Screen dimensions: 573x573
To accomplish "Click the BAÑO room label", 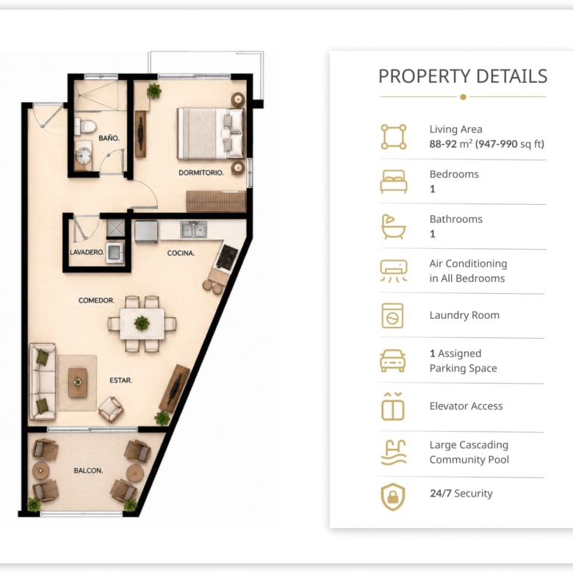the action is pyautogui.click(x=109, y=138).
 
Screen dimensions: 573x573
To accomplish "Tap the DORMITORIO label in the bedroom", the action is pyautogui.click(x=201, y=173).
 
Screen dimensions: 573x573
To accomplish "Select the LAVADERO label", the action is pyautogui.click(x=87, y=252).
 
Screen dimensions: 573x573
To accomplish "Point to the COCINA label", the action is pyautogui.click(x=181, y=253).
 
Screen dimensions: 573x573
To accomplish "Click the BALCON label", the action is pyautogui.click(x=88, y=471).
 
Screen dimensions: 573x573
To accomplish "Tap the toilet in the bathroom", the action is pyautogui.click(x=85, y=127).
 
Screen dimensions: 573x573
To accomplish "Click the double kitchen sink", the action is pyautogui.click(x=193, y=230).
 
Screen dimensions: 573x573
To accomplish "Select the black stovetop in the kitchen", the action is pyautogui.click(x=227, y=258).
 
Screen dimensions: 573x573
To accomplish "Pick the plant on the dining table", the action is pyautogui.click(x=142, y=323).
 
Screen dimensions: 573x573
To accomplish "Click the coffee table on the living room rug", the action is pyautogui.click(x=78, y=383).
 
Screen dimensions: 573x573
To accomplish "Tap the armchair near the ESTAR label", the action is pyautogui.click(x=111, y=410).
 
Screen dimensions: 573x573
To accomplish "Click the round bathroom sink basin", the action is pyautogui.click(x=84, y=156).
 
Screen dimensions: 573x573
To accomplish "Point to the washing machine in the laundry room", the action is pyautogui.click(x=115, y=252).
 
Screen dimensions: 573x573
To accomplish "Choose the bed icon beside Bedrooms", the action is pyautogui.click(x=394, y=181).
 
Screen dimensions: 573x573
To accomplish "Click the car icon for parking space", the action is pyautogui.click(x=393, y=361).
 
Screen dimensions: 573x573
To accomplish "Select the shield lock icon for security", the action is pyautogui.click(x=393, y=497).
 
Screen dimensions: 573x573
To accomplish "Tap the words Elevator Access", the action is pyautogui.click(x=466, y=406).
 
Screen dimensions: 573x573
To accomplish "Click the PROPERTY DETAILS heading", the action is pyautogui.click(x=463, y=76).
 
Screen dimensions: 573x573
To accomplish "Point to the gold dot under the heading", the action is pyautogui.click(x=463, y=97).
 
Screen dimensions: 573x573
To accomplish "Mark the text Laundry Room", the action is pyautogui.click(x=464, y=315).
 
